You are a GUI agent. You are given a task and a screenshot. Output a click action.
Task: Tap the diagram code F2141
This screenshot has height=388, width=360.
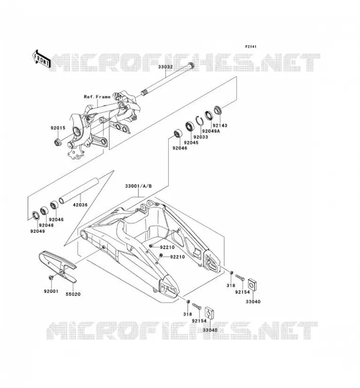tap(251, 47)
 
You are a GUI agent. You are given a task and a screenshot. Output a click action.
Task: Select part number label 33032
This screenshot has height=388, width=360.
tap(165, 67)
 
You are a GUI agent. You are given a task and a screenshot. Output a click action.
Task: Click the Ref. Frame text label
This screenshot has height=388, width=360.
tap(97, 97)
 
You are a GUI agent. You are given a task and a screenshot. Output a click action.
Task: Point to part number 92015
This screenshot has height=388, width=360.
tap(58, 128)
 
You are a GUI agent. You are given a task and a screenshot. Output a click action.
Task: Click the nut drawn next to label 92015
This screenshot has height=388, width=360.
tap(58, 143)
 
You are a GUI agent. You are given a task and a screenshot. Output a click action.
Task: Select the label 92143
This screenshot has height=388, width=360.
tap(220, 126)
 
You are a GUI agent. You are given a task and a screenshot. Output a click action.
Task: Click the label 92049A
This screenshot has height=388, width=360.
tap(211, 131)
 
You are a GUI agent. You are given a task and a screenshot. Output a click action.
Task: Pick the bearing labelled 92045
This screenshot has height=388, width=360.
tap(190, 126)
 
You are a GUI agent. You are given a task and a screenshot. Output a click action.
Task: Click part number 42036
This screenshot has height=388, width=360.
tap(80, 205)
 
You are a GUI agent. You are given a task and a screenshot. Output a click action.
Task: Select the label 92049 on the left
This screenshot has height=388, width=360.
tap(38, 231)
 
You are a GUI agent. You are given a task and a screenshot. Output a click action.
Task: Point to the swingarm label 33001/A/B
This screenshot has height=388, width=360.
tap(138, 186)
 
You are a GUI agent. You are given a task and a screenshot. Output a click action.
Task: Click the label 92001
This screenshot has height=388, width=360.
tap(51, 291)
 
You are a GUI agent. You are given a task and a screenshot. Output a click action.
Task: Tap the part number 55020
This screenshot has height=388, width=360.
tap(73, 294)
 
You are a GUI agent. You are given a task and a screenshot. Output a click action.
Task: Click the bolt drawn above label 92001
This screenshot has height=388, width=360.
tap(51, 277)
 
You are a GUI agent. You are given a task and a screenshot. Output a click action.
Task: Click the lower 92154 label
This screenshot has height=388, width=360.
tap(199, 321)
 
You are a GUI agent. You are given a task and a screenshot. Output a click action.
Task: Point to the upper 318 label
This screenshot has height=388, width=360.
tap(231, 285)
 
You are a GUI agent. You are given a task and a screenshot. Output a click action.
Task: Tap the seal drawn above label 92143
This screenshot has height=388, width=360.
tap(218, 110)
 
